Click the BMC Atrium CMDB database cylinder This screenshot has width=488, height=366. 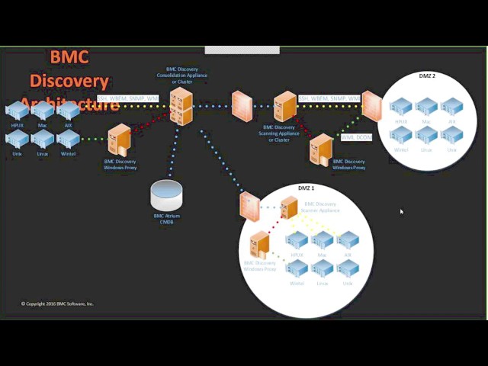pos(166,195)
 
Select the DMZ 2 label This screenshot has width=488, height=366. pos(427,76)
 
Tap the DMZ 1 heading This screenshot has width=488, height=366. pos(306,188)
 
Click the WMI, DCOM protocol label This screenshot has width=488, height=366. pos(356,137)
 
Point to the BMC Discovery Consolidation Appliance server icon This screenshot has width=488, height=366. pos(181,105)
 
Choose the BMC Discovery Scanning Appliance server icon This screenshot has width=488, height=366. pos(284,107)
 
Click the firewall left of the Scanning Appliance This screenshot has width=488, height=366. pos(242,104)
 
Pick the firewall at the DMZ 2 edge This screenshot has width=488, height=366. pos(371,106)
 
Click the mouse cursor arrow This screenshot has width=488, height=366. pos(401,211)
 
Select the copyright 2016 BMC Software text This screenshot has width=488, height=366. pos(57,303)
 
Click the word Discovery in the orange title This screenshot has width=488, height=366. pos(69,80)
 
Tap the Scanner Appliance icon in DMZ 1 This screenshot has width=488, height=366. pos(289,207)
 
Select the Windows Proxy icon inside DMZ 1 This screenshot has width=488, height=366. pos(261,244)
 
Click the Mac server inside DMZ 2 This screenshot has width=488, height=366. pos(426,106)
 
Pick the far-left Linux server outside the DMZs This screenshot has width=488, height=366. pos(43,139)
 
